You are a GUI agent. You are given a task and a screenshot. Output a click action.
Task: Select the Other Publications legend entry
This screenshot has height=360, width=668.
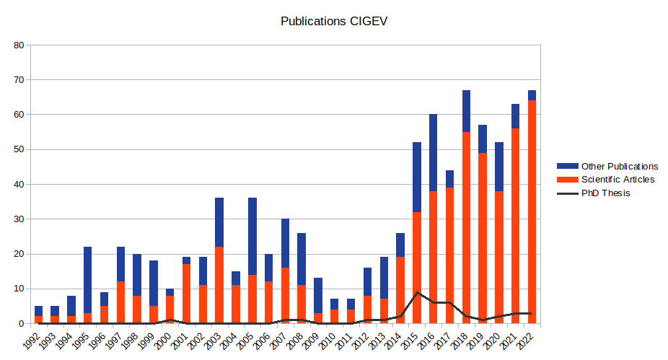619,166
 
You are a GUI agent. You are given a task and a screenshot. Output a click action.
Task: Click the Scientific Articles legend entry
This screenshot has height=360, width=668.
618,179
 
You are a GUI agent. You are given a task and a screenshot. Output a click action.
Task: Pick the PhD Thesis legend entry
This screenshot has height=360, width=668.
605,193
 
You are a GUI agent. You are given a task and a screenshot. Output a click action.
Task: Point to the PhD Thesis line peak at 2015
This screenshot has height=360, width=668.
416,292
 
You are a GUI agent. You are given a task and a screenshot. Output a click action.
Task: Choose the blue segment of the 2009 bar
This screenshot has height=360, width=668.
317,296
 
